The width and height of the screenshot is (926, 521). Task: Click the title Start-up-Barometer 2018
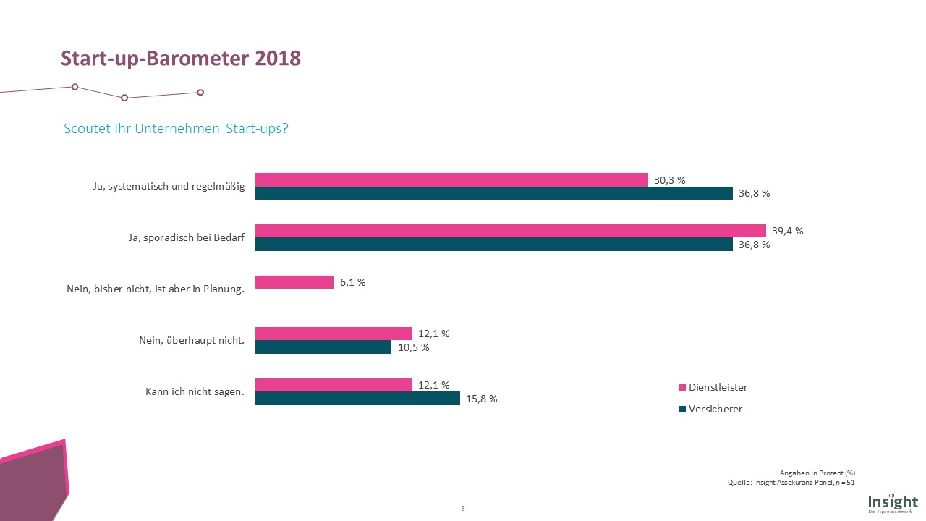pyautogui.click(x=180, y=59)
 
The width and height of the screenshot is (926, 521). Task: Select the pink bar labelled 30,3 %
pyautogui.click(x=451, y=179)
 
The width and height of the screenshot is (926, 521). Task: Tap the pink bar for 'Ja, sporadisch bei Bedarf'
pyautogui.click(x=510, y=231)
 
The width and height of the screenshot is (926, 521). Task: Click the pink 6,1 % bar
pyautogui.click(x=294, y=282)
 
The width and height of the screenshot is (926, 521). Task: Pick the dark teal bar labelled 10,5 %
pyautogui.click(x=323, y=347)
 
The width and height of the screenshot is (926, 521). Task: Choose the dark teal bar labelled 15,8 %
pyautogui.click(x=357, y=399)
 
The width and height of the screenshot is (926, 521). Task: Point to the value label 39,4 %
pyautogui.click(x=788, y=231)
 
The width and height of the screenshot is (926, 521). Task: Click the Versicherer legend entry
pyautogui.click(x=711, y=409)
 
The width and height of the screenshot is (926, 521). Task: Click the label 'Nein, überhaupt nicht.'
pyautogui.click(x=192, y=341)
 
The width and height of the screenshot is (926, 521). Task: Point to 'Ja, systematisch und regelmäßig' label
pyautogui.click(x=169, y=187)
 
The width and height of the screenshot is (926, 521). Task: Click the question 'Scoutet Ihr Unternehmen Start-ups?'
pyautogui.click(x=176, y=129)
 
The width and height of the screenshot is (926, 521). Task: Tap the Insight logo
pyautogui.click(x=893, y=501)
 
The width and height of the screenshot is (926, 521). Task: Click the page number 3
pyautogui.click(x=462, y=508)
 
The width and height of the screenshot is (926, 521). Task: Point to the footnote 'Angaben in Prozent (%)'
pyautogui.click(x=817, y=473)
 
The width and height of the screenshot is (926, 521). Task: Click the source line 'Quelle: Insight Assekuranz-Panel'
pyautogui.click(x=791, y=483)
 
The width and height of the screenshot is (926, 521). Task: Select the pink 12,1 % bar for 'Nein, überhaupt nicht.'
pyautogui.click(x=334, y=334)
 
